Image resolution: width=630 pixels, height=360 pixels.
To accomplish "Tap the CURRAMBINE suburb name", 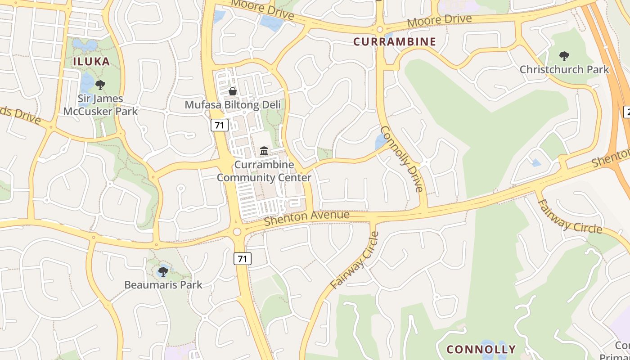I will tap(395, 42).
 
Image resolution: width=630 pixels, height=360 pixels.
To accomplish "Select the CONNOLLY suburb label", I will tap(481, 349).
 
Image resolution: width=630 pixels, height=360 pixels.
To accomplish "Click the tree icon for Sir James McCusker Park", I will tap(100, 85).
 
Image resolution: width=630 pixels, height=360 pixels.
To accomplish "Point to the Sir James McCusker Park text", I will tap(100, 104).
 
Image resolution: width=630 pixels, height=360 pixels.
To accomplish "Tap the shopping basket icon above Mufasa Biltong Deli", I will tap(233, 91).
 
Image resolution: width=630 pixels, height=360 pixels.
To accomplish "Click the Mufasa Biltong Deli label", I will tap(233, 105).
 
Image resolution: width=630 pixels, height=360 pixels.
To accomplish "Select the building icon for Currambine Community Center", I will tap(264, 150).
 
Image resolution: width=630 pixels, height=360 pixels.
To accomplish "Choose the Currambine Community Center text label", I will tap(264, 171).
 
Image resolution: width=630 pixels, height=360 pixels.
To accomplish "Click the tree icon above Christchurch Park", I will tap(564, 56).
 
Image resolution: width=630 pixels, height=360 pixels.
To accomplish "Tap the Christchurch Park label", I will tap(564, 70).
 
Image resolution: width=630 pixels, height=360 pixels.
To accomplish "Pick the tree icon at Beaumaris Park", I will tap(163, 271).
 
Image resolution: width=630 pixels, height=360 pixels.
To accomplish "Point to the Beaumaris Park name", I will tap(163, 285).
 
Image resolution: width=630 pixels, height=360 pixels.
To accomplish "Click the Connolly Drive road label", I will tap(402, 158).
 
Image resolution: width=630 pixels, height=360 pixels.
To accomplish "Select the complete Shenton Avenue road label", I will tap(306, 218).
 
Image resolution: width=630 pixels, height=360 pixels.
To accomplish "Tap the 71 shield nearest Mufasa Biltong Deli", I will tap(219, 125).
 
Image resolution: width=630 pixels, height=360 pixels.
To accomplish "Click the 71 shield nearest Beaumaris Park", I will tap(242, 259).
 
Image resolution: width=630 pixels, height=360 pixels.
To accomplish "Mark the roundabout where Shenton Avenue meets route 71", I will tap(237, 232).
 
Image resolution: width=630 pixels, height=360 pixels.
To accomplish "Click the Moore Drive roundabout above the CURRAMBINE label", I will tap(379, 30).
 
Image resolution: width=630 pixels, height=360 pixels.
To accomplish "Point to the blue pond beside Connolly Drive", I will tap(381, 141).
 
